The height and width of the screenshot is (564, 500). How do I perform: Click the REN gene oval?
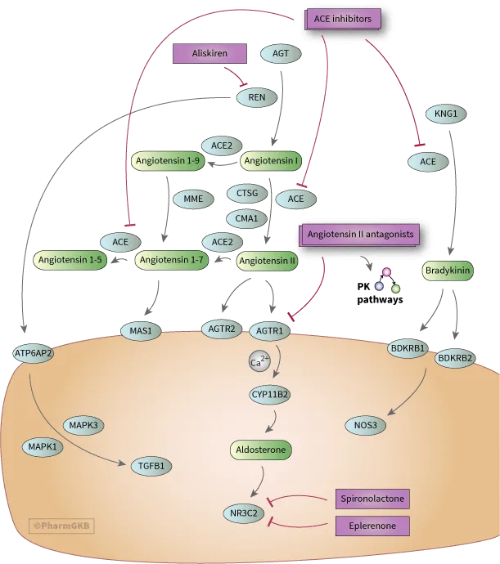coord(256,97)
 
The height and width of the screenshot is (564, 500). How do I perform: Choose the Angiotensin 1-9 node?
coord(165,160)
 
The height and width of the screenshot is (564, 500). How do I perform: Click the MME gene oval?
coord(192,197)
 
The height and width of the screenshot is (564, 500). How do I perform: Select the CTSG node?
coord(247,194)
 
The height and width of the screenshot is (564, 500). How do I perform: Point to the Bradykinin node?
coord(449,269)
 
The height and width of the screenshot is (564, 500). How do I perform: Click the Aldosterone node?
coord(259,450)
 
